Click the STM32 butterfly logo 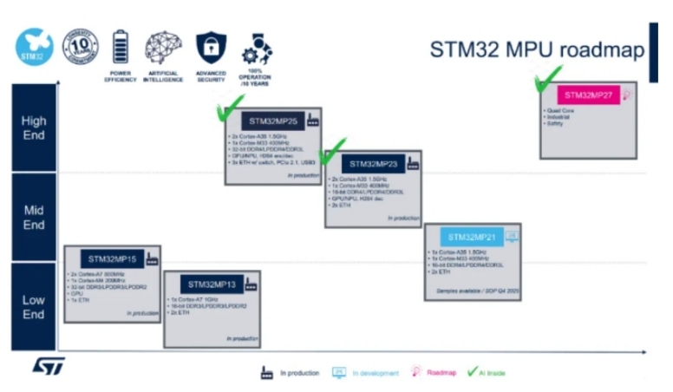pos(34,48)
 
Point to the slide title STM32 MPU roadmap pos(537,50)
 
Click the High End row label pos(34,127)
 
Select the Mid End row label pos(34,218)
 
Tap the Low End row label pos(34,306)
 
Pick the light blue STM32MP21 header pos(472,237)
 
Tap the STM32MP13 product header pos(212,284)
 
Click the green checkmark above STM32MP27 pos(547,80)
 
